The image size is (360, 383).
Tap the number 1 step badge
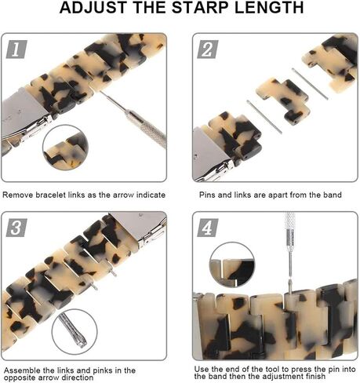pos(16,49)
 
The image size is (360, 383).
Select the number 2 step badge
pos(208,49)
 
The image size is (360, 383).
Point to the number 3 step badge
pos(16,228)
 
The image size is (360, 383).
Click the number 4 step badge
pos(208,228)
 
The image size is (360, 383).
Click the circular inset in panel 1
pos(65,148)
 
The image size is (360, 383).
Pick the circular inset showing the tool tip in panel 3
pos(75,332)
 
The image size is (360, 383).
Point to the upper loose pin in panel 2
pos(310,84)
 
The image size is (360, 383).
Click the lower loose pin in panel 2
pos(264,117)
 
